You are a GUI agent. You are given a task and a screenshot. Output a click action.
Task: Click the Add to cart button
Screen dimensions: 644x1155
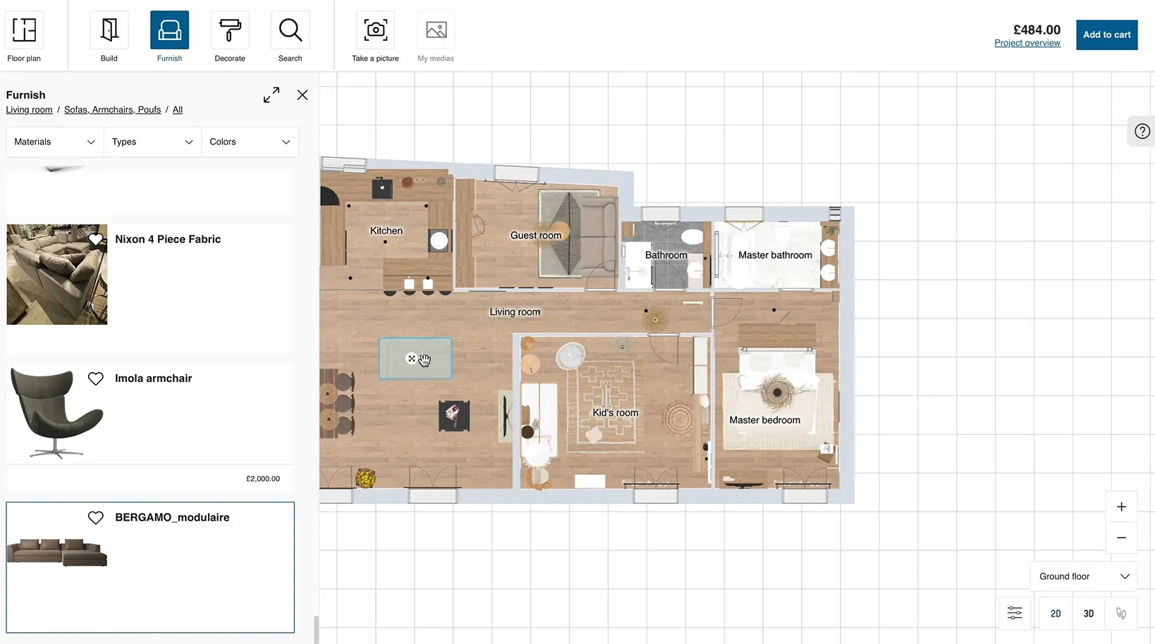(1106, 35)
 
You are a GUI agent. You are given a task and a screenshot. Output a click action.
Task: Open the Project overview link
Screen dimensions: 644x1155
(1027, 43)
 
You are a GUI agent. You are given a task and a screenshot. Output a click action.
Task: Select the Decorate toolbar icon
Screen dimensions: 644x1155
(230, 30)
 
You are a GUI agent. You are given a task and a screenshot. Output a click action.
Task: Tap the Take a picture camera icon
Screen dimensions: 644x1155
(375, 30)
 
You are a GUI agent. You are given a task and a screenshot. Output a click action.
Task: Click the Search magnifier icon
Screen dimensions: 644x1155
(290, 30)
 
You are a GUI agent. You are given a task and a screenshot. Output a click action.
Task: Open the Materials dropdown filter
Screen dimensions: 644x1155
(54, 142)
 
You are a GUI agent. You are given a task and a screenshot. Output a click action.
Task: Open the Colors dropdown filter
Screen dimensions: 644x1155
(250, 142)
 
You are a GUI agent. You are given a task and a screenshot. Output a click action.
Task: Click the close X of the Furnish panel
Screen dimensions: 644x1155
(302, 95)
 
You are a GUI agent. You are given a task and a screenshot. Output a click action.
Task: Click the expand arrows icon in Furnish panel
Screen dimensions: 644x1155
(271, 95)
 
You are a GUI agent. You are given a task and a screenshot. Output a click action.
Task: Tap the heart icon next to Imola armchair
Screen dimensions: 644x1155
(96, 379)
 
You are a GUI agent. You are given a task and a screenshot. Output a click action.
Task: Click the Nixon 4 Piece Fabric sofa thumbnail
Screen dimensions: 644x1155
(57, 275)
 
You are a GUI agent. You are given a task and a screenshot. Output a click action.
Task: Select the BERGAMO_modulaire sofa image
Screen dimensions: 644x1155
(57, 552)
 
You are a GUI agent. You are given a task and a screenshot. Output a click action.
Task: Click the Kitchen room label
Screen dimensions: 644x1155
(386, 231)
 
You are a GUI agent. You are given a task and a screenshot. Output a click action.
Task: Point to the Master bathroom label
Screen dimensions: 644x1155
(775, 255)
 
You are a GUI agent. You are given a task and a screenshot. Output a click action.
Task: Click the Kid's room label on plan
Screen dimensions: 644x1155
(615, 413)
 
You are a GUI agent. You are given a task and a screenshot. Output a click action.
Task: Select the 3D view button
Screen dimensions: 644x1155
(1088, 614)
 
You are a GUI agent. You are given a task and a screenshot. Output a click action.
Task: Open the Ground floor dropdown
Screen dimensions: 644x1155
(1084, 576)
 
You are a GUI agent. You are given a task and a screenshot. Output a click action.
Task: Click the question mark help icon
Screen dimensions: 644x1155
(1142, 131)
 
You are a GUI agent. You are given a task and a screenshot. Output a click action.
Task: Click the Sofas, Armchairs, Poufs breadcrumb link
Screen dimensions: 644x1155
(112, 110)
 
